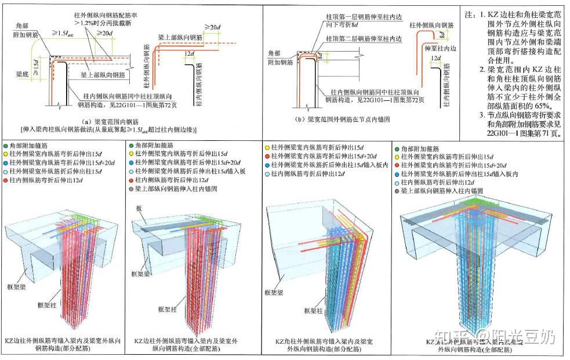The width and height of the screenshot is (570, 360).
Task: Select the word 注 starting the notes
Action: pos(469,12)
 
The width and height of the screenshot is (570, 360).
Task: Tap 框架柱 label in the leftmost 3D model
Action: pos(48,304)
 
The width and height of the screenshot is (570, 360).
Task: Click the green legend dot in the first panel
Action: pos(5,147)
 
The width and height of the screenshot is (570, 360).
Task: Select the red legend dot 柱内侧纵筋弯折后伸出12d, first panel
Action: pos(5,181)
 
